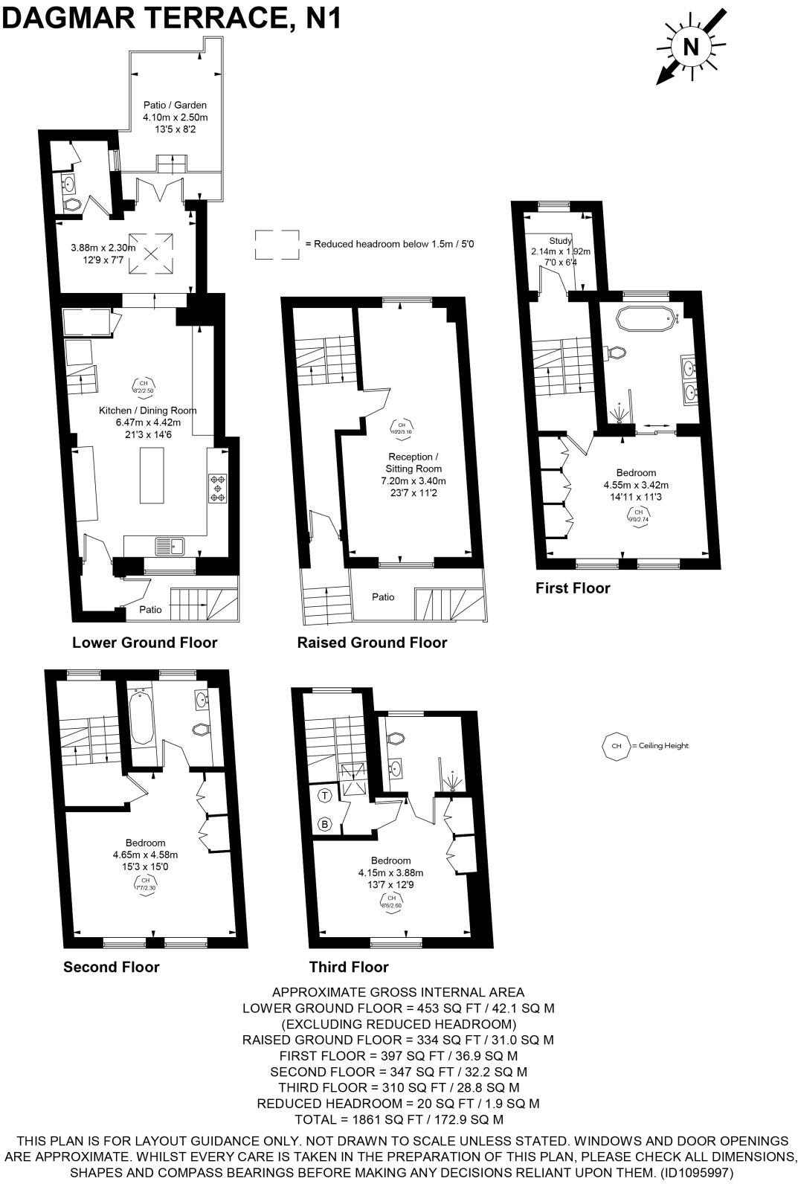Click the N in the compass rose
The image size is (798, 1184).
click(x=690, y=47)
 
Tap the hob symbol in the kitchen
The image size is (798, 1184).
click(x=218, y=488)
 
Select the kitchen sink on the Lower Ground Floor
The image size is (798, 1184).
click(x=170, y=547)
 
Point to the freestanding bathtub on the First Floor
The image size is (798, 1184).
click(x=645, y=319)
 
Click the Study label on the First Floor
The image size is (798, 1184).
click(x=561, y=241)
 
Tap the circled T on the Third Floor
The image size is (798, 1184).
click(x=325, y=796)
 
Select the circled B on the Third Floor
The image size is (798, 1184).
click(x=325, y=824)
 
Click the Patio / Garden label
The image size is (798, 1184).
click(x=176, y=105)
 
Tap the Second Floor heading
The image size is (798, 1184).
click(x=112, y=967)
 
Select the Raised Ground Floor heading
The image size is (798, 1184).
click(x=372, y=643)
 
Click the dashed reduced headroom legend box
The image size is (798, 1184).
click(x=277, y=244)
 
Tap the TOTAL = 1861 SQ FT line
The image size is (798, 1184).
click(x=399, y=1119)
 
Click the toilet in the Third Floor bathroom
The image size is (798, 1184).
click(x=396, y=739)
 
